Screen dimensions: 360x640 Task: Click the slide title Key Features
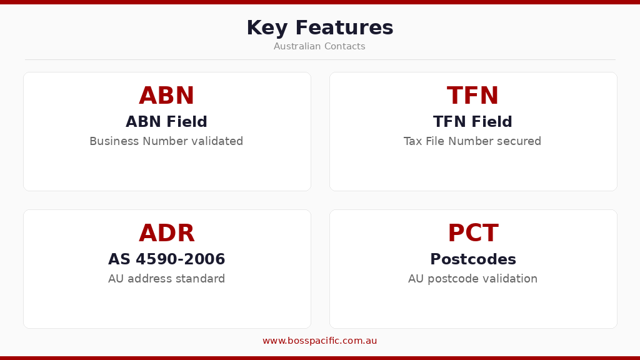click(x=319, y=28)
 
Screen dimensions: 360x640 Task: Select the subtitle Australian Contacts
click(x=319, y=46)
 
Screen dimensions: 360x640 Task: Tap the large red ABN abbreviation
click(x=166, y=96)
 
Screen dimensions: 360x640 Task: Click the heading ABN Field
click(x=166, y=122)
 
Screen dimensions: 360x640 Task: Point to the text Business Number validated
click(x=166, y=141)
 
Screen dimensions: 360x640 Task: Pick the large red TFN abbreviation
click(x=472, y=96)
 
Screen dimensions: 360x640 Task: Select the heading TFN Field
click(x=472, y=122)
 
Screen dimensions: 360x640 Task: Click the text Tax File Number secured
click(x=472, y=141)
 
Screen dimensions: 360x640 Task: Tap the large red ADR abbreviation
click(x=166, y=234)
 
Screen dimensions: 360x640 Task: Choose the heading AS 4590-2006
click(x=166, y=259)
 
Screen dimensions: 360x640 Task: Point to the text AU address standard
click(x=166, y=279)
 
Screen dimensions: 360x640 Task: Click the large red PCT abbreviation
click(x=472, y=234)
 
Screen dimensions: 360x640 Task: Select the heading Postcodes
click(x=472, y=259)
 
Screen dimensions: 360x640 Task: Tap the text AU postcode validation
click(x=472, y=279)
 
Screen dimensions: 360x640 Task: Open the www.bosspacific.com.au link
click(x=319, y=341)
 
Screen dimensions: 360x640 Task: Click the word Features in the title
click(x=344, y=28)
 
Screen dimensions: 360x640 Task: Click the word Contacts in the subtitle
click(x=344, y=46)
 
